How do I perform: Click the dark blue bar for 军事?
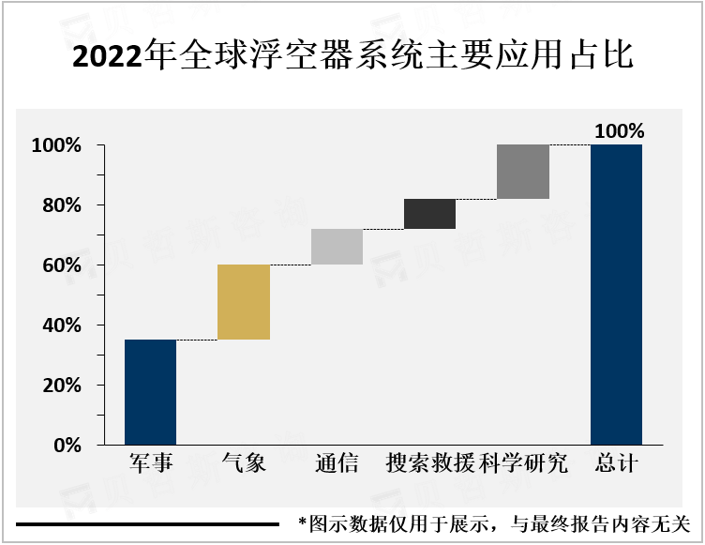tap(150, 392)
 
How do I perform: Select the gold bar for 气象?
tap(244, 302)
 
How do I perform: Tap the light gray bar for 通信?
tap(337, 247)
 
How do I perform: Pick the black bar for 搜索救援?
tap(429, 214)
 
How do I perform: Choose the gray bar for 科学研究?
tap(523, 172)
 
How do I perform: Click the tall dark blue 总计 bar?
tap(616, 295)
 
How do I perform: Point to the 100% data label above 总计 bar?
tap(619, 131)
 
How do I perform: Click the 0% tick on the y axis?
tap(67, 446)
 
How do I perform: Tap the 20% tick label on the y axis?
tap(62, 386)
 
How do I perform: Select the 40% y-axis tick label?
tap(62, 325)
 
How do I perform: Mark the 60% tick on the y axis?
tap(62, 265)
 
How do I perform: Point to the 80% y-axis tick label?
tap(62, 205)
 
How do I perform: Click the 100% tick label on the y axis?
tap(58, 145)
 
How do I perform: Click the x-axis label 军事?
tap(150, 463)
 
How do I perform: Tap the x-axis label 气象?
tap(244, 463)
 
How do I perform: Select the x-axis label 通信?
tap(337, 463)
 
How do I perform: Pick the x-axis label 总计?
tap(616, 463)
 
